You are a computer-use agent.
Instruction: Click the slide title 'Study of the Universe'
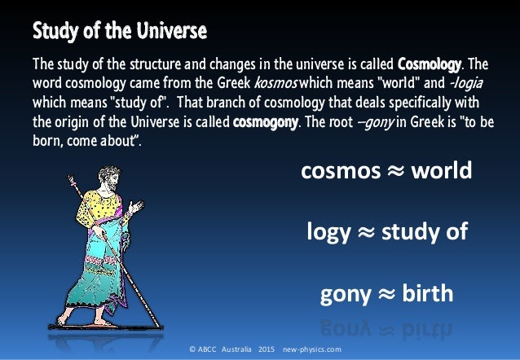[x=119, y=33]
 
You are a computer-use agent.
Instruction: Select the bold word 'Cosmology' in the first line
[x=430, y=64]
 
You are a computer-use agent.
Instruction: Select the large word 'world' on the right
[x=441, y=172]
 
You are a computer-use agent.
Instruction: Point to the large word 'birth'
[x=424, y=292]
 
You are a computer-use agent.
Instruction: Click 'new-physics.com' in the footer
[x=312, y=349]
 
